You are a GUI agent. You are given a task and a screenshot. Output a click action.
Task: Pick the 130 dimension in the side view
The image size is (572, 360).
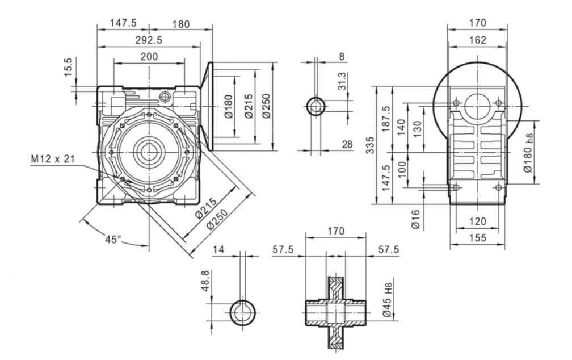click(418, 128)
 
